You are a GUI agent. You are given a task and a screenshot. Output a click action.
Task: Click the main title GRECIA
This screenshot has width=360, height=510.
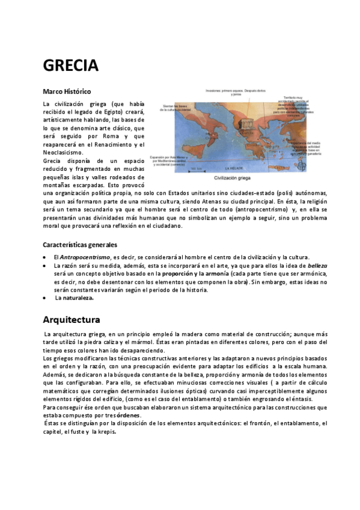click(70, 65)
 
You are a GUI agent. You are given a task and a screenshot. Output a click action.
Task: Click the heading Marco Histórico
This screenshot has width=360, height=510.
click(67, 91)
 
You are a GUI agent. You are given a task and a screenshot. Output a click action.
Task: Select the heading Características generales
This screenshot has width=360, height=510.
click(80, 245)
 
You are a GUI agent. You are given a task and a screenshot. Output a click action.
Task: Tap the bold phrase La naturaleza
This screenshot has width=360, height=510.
click(75, 298)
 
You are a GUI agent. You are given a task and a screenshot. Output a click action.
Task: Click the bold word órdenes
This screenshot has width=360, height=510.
click(129, 415)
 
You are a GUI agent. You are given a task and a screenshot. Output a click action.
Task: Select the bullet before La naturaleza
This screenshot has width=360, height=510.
click(46, 298)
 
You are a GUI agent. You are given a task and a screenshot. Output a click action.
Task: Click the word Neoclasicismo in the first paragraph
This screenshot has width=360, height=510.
click(63, 153)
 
